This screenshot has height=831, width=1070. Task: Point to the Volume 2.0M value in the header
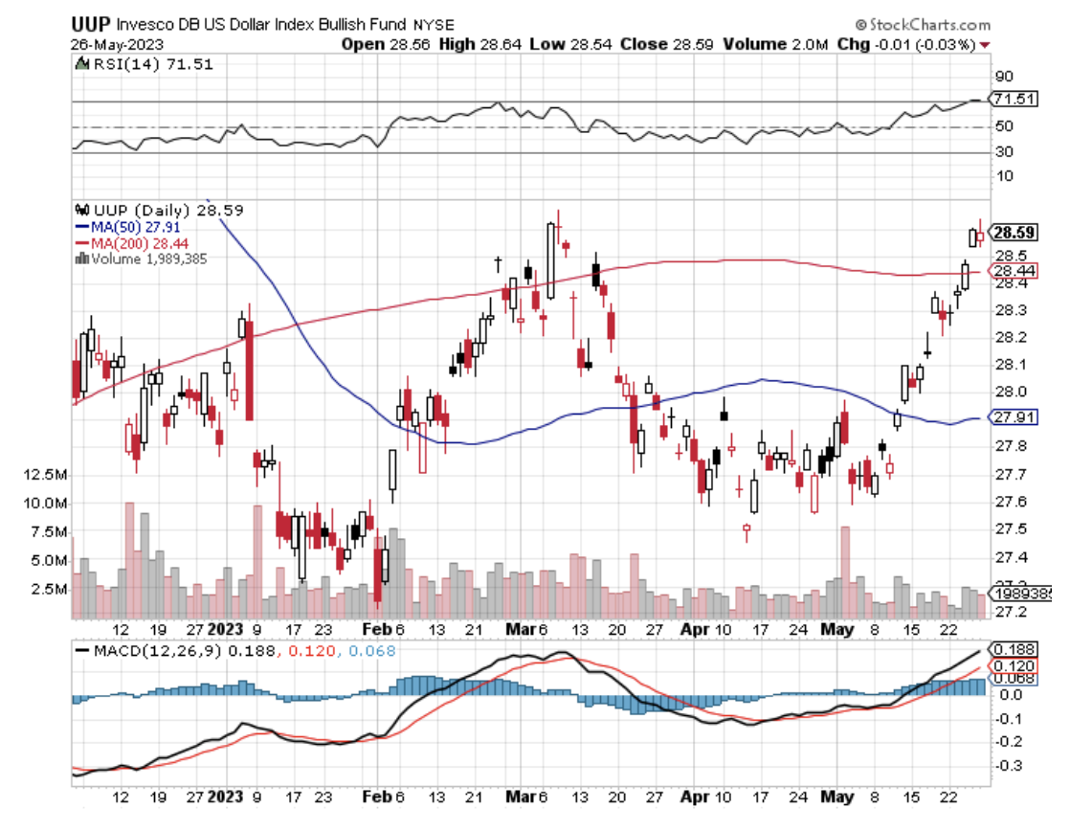(x=765, y=43)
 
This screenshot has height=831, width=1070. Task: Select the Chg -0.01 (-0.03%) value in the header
(x=919, y=43)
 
